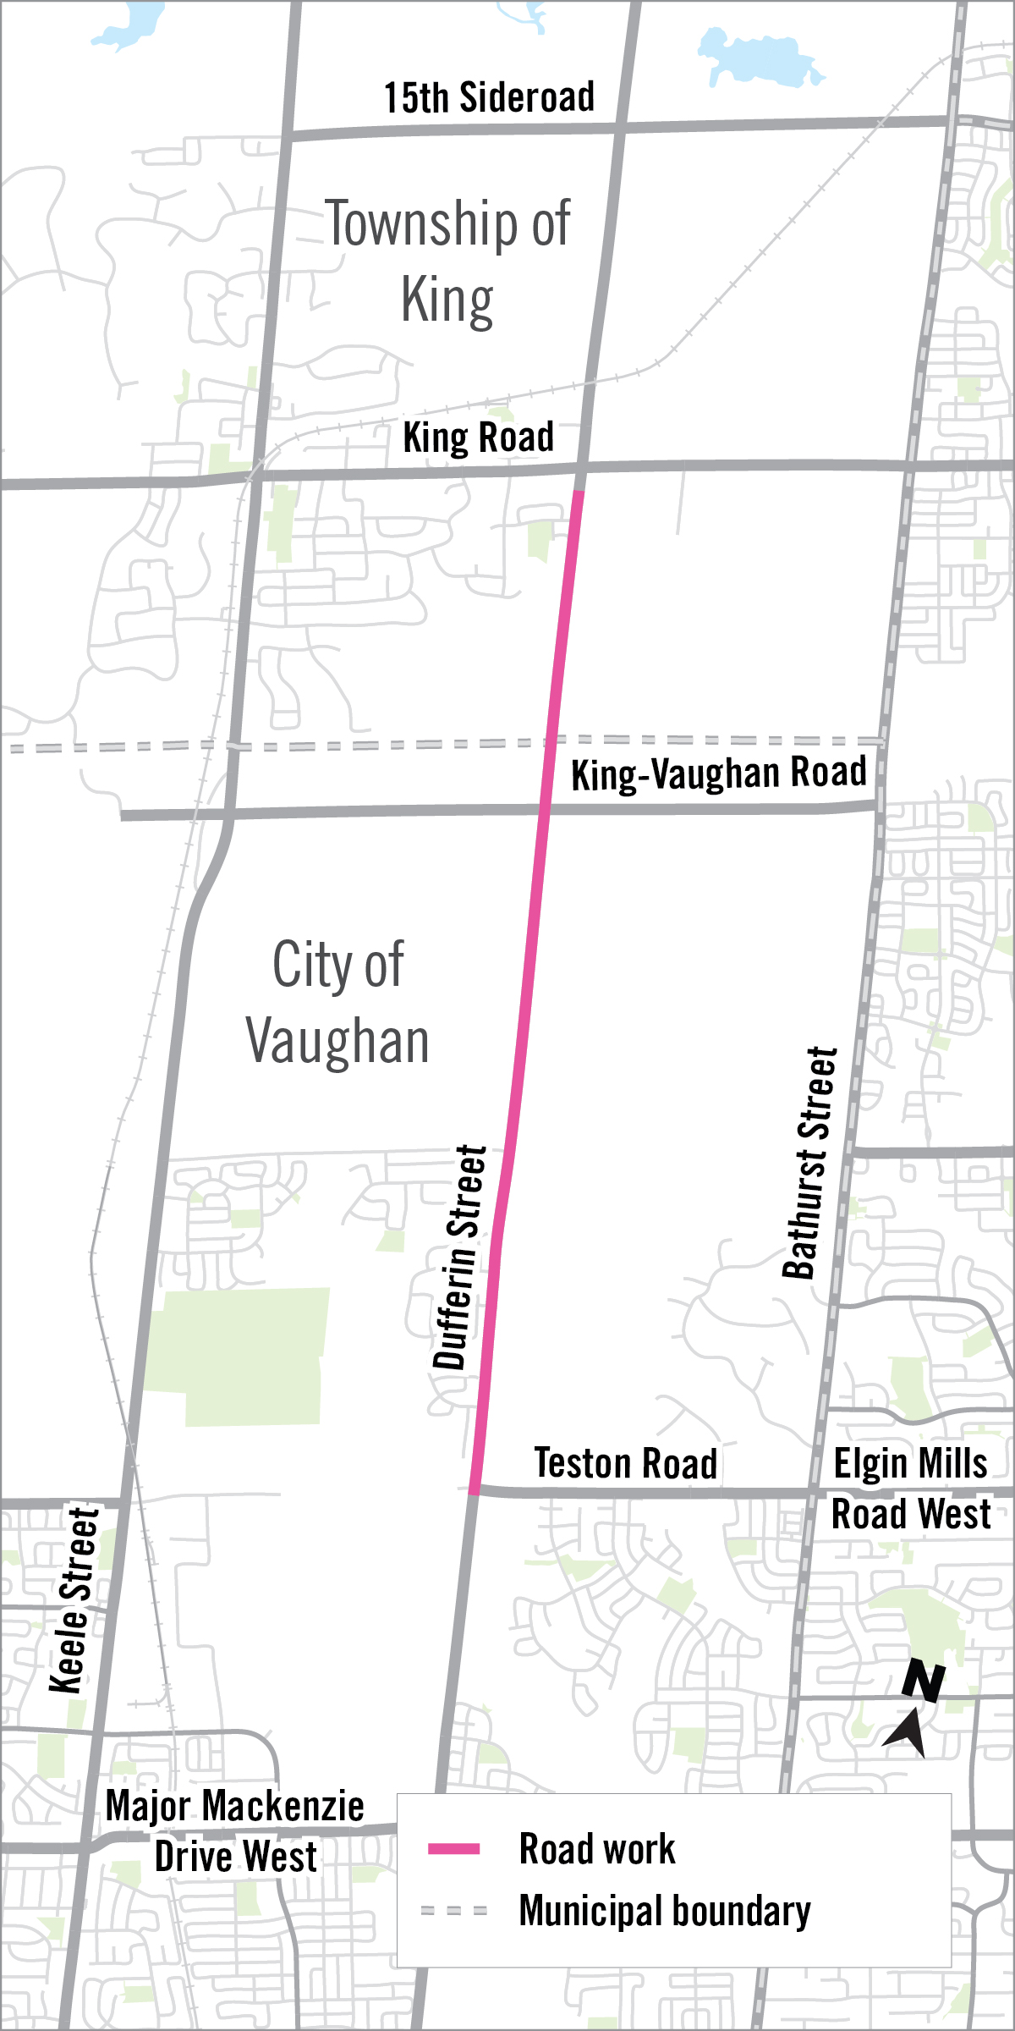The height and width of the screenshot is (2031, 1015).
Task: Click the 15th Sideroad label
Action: (x=489, y=97)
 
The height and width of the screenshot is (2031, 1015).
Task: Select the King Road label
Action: (x=478, y=438)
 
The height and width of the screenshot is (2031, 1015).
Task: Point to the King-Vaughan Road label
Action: (x=719, y=773)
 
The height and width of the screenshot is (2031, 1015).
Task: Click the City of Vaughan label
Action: (x=338, y=1003)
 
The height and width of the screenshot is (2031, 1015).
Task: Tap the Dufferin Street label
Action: (x=461, y=1258)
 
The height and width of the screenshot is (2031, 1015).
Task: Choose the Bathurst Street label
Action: (x=810, y=1163)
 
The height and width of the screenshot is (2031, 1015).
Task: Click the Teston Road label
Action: (x=626, y=1463)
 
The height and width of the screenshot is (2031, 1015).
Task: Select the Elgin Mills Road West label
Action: (x=910, y=1489)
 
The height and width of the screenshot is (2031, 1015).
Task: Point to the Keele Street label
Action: (x=74, y=1600)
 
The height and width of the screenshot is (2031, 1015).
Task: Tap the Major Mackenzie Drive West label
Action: (x=235, y=1831)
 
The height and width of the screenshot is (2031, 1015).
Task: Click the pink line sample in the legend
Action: (x=454, y=1849)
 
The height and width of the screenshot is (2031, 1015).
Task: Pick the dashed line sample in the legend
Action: (x=454, y=1911)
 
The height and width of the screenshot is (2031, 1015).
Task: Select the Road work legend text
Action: (x=597, y=1849)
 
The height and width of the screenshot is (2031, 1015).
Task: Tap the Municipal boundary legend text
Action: (x=665, y=1911)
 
